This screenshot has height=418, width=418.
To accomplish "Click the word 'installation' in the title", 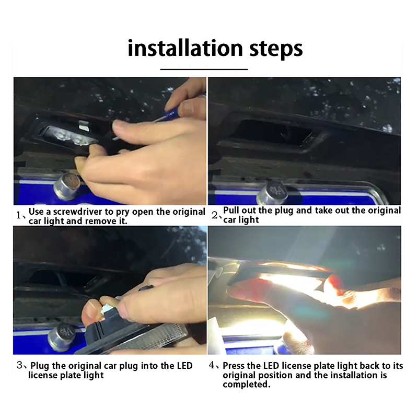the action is point(185,48).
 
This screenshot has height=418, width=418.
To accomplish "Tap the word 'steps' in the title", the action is point(276,49).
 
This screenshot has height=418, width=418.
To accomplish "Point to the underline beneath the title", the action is point(204,69).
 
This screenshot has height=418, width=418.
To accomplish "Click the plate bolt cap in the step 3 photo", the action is point(61,336).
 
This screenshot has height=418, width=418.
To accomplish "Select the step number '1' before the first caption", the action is point(18,215).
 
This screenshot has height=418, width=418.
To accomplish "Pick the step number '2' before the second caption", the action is point(214,215).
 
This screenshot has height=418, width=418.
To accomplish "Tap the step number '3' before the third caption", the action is point(19,365).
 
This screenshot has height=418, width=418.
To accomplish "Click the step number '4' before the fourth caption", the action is point(212,365).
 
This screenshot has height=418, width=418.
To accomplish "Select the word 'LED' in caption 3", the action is point(185,365).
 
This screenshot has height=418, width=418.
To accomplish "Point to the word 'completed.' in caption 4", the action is point(247,385).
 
